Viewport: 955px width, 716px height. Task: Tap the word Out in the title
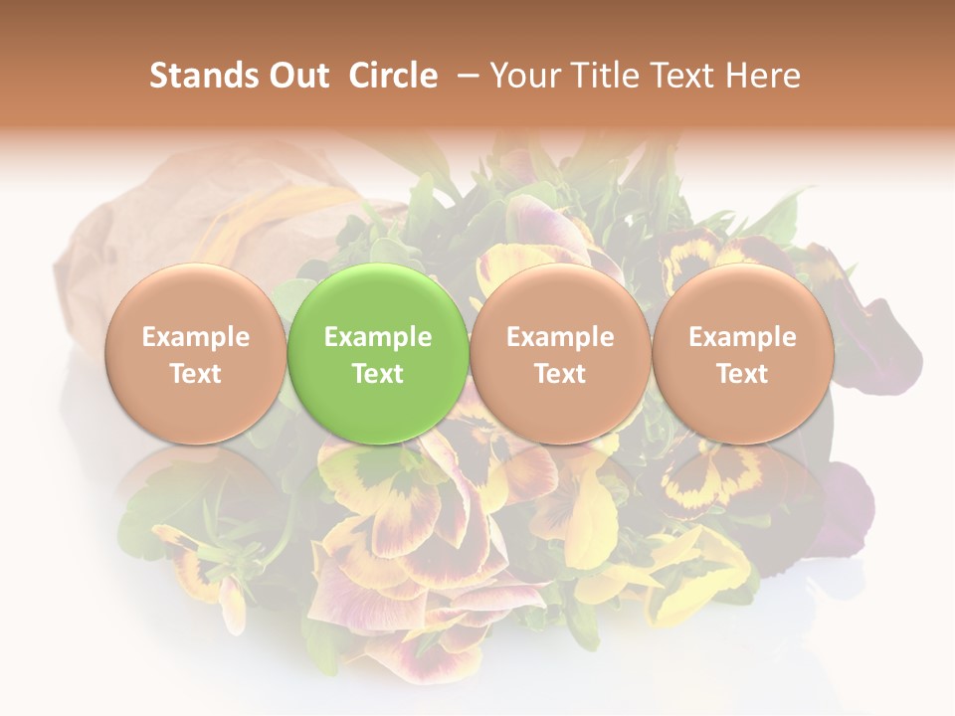[295, 76]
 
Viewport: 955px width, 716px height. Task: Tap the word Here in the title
[763, 76]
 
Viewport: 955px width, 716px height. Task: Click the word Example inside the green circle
[378, 337]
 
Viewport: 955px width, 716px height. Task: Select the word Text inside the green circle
[378, 374]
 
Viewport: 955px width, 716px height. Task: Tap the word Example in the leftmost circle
[195, 337]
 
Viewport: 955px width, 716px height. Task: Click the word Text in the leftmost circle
[195, 374]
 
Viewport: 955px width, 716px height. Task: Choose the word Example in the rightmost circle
[742, 337]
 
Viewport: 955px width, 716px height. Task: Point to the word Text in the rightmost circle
[742, 374]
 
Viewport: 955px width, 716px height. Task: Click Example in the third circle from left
[560, 337]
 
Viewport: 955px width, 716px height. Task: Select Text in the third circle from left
[560, 374]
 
